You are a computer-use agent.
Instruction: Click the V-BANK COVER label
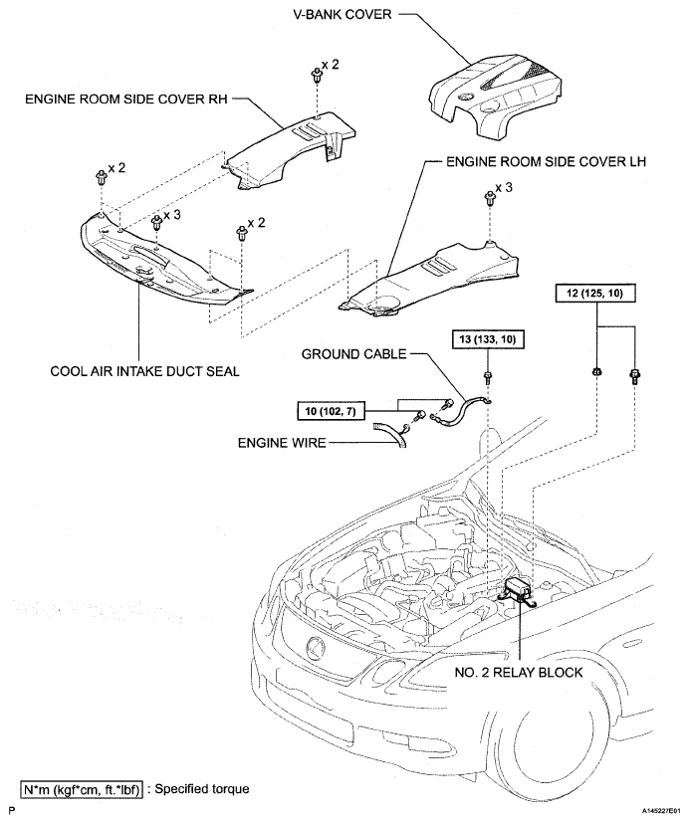coord(342,14)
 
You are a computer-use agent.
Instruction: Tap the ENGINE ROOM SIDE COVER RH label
coord(126,99)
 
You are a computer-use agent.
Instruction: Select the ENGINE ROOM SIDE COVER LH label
coord(546,162)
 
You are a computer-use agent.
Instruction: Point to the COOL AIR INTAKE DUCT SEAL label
coord(144,371)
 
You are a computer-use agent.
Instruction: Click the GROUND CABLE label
coord(354,354)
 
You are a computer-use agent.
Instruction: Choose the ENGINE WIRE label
coord(282,443)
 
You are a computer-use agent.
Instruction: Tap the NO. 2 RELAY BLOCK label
coord(519,672)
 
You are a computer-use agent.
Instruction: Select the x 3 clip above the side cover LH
coord(490,198)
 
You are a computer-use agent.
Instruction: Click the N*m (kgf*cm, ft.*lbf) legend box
coord(81,789)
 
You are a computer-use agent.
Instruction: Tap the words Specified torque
coord(202,789)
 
